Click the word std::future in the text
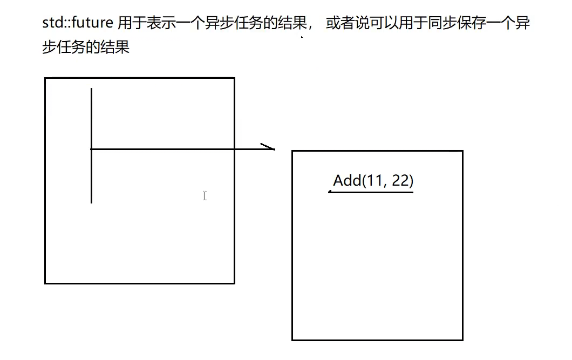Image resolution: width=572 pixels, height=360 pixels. (78, 24)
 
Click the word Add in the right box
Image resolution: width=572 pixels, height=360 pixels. (347, 180)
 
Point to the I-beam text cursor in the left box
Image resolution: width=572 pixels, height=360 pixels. (205, 196)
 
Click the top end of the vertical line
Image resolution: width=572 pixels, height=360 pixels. (92, 89)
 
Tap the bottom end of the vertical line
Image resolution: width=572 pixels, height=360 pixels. (92, 202)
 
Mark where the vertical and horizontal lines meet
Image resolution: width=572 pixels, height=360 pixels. (92, 149)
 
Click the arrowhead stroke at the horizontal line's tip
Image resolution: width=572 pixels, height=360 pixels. (268, 146)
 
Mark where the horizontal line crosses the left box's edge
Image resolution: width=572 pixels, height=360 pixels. (234, 149)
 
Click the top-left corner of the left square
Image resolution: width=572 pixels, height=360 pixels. (45, 78)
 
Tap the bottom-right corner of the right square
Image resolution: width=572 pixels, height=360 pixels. (462, 339)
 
